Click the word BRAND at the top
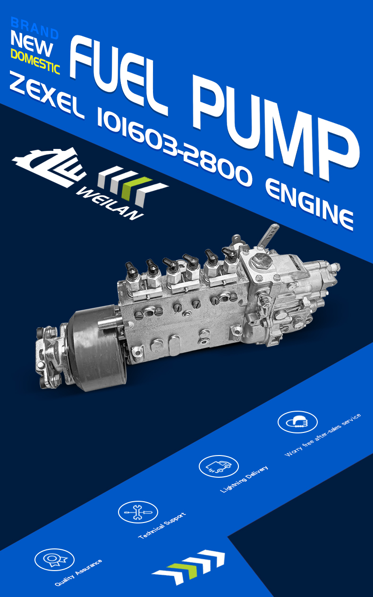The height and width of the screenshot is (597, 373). (x=34, y=28)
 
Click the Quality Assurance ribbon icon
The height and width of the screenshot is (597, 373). (x=54, y=559)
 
